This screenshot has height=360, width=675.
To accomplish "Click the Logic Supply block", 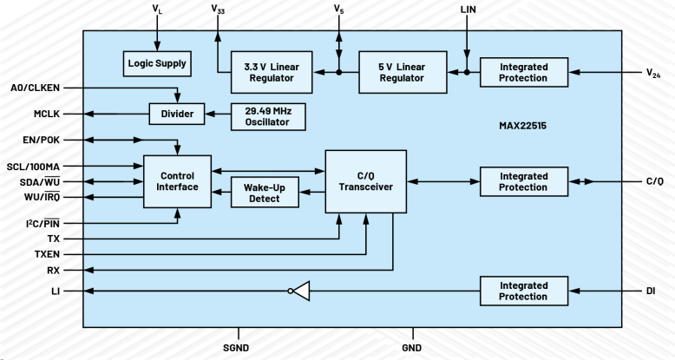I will point(156,62).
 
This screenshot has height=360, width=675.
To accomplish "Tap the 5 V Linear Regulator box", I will point(402,71).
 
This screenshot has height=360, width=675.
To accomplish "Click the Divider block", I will point(178,115).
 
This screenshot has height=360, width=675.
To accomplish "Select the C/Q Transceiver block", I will point(365,180).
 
